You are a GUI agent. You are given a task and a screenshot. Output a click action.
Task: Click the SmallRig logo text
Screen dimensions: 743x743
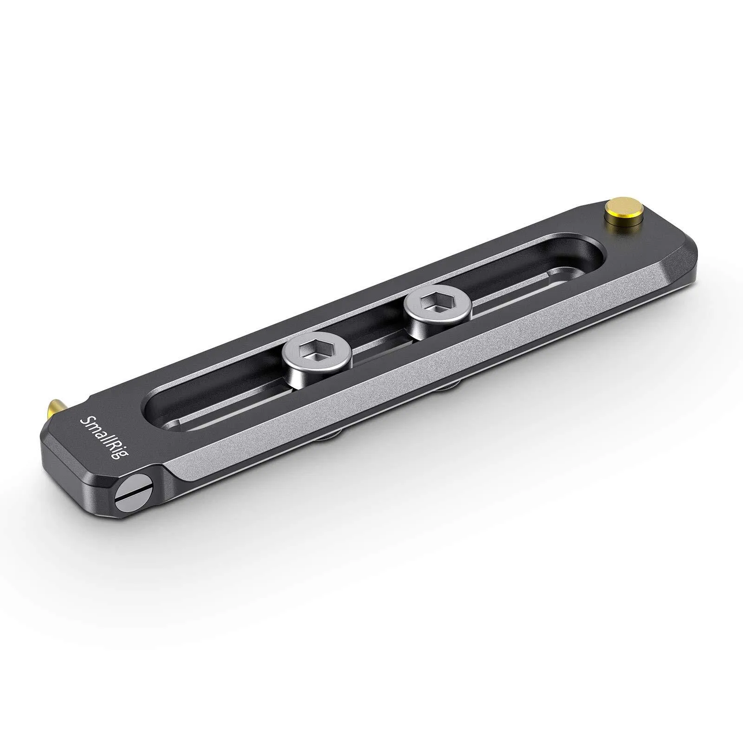[x=100, y=438]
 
